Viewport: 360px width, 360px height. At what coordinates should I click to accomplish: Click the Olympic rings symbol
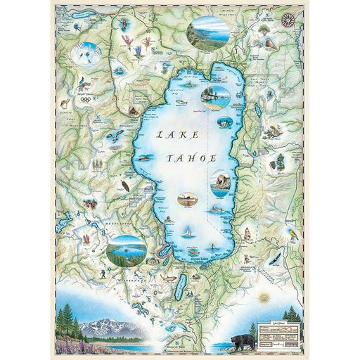[x=85, y=99]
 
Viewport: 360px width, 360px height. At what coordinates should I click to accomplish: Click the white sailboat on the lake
[x=187, y=230]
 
